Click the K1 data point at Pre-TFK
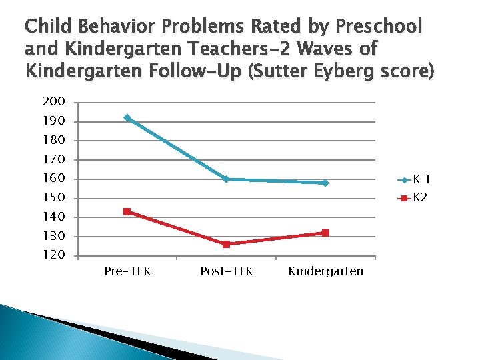[127, 118]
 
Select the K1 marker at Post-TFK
[227, 179]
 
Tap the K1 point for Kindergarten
[325, 183]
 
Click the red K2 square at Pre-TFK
[127, 211]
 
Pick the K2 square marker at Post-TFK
[227, 244]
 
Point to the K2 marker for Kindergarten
[325, 233]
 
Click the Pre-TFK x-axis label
[127, 271]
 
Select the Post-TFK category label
[227, 271]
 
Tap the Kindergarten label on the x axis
[326, 271]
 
